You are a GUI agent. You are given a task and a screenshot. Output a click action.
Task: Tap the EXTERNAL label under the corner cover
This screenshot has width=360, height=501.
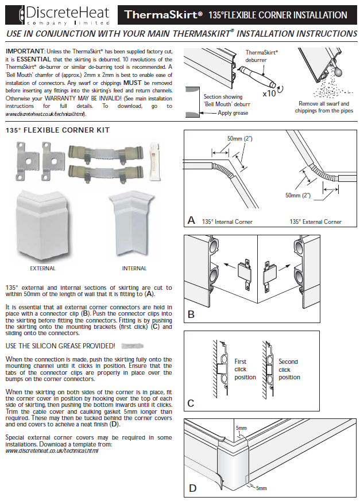click(x=42, y=268)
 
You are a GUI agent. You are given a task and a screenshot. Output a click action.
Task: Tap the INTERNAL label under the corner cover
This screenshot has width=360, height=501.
click(x=134, y=268)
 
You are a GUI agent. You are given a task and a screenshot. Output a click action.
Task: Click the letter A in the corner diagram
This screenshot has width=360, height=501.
click(x=191, y=220)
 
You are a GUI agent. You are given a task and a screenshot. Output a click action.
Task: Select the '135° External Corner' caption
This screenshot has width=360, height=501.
click(x=315, y=222)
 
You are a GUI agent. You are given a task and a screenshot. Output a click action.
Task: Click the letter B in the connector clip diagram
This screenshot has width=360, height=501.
click(x=191, y=314)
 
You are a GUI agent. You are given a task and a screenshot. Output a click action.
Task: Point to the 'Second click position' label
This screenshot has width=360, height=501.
click(x=289, y=370)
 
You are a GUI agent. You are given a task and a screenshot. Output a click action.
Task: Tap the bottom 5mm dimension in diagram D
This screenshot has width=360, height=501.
click(x=261, y=488)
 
